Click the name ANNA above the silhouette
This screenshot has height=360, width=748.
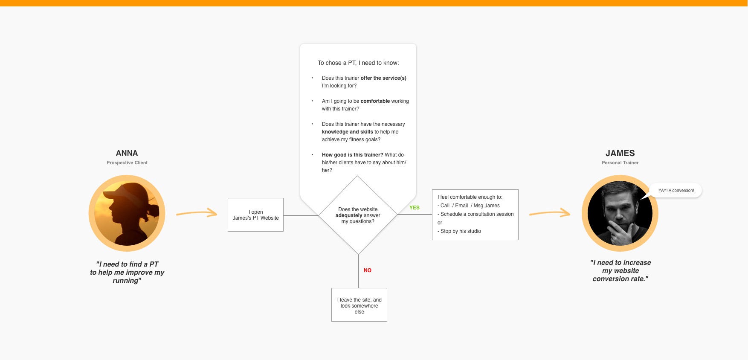[127, 153]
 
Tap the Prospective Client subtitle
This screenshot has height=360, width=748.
[127, 163]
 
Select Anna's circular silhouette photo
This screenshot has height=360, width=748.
[127, 213]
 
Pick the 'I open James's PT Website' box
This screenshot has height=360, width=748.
[255, 215]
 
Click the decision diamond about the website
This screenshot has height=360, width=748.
[358, 215]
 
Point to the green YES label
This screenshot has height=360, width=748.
[415, 208]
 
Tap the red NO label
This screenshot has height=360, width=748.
[368, 270]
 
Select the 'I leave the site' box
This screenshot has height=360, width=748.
[359, 305]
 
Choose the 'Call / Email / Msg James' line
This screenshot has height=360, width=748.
[469, 206]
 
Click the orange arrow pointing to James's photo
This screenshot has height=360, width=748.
[550, 212]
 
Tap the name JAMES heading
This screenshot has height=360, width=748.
[620, 153]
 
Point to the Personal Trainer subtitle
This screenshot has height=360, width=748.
[620, 163]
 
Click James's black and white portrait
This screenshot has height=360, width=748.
[620, 213]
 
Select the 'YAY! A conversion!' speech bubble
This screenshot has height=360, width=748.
[676, 191]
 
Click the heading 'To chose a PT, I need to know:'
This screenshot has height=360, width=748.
[358, 63]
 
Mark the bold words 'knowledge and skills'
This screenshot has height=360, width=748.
[348, 132]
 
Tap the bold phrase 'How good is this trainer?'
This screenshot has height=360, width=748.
[353, 155]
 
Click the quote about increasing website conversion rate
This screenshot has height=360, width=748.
[620, 270]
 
